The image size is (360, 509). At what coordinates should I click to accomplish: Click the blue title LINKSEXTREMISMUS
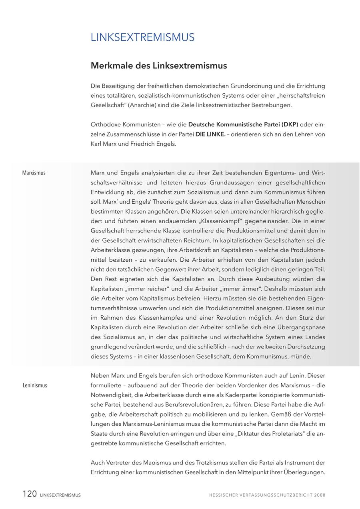(x=142, y=37)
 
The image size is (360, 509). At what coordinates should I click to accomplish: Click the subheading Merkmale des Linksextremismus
(x=159, y=65)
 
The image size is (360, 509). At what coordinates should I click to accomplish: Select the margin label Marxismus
(x=34, y=173)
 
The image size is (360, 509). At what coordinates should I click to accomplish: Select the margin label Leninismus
(x=35, y=385)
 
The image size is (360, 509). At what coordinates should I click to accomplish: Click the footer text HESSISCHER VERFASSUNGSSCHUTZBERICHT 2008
(x=267, y=495)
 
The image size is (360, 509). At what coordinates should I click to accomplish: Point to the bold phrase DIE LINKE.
(x=210, y=134)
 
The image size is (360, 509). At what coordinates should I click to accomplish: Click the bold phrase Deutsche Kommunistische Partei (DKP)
(x=243, y=124)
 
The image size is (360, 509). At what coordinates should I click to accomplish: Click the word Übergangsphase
(x=300, y=327)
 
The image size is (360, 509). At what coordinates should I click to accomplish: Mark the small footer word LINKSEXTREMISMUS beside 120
(x=60, y=495)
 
